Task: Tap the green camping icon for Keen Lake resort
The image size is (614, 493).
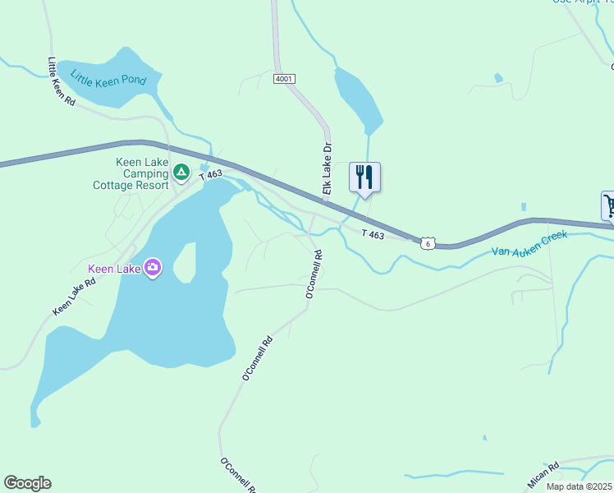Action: [181, 173]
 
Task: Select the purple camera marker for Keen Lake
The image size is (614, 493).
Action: [153, 267]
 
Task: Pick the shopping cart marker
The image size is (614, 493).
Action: [609, 205]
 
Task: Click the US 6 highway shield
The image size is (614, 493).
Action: [427, 242]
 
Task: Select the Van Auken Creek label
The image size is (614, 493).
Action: [529, 245]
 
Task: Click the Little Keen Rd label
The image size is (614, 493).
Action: [62, 81]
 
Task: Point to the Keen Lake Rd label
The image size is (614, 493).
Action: [75, 297]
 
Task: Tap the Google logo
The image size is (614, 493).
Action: [27, 483]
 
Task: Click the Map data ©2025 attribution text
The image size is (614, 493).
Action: [580, 486]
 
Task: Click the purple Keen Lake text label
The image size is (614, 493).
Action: [114, 268]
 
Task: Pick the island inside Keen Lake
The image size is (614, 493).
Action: [185, 263]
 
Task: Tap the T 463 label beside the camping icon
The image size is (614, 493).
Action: [211, 175]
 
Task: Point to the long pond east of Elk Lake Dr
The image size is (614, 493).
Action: [358, 99]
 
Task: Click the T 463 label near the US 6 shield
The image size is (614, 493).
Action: [373, 235]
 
